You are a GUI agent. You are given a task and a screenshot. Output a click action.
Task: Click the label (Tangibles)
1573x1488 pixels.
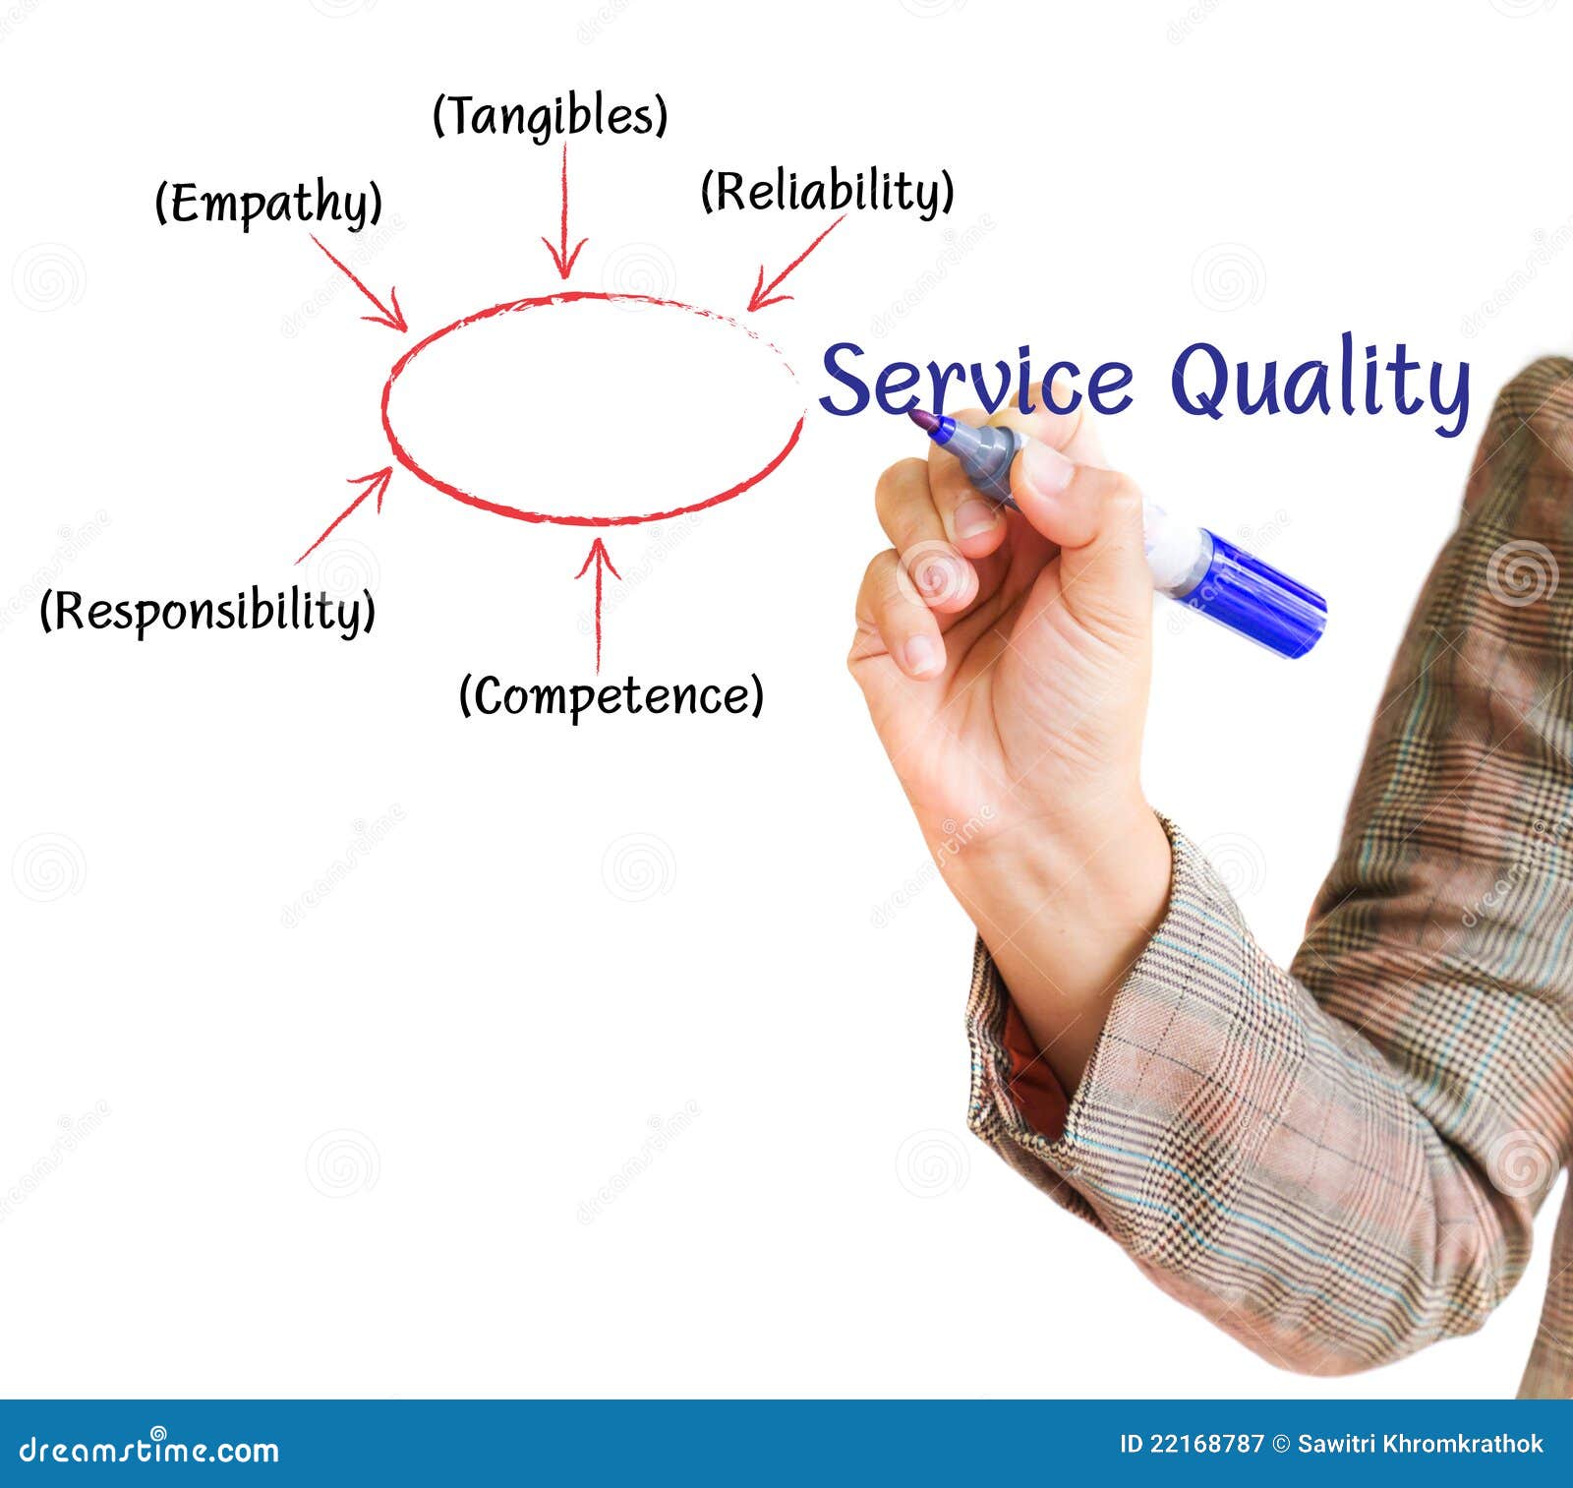[x=550, y=116]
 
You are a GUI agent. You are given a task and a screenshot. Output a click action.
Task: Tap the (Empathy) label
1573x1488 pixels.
[x=268, y=204]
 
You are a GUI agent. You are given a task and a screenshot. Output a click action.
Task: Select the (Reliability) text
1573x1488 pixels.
[x=827, y=191]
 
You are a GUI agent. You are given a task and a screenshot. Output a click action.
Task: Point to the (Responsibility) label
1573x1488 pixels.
[x=207, y=611]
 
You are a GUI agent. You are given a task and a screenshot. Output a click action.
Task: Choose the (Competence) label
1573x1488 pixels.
[x=611, y=696]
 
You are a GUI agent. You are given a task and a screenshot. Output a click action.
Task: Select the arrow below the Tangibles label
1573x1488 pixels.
[x=564, y=211]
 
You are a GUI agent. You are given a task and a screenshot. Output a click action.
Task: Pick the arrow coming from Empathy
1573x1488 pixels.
[x=359, y=282]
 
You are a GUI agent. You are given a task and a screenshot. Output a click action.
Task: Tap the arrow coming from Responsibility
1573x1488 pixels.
[x=344, y=514]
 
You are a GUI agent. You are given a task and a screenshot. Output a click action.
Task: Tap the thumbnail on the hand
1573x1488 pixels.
[x=1048, y=469]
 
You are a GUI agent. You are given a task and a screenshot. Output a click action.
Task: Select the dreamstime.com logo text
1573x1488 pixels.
[x=148, y=1450]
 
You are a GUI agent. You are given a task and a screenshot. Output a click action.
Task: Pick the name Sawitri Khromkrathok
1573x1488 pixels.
[x=1421, y=1444]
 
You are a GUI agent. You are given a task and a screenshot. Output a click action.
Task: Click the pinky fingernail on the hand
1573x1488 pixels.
[x=923, y=653]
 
